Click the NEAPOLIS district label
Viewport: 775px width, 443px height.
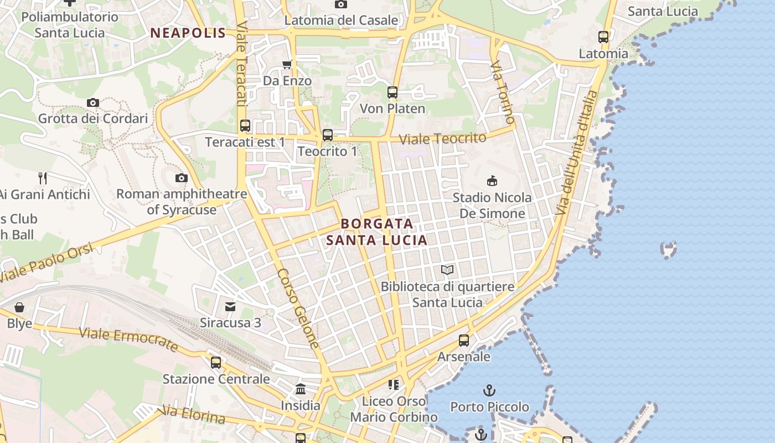point(188,33)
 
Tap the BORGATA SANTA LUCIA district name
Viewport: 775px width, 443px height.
point(377,232)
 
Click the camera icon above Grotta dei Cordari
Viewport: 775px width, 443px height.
point(93,102)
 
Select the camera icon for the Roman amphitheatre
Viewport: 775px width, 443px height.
point(181,178)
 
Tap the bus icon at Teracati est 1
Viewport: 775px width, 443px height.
point(245,126)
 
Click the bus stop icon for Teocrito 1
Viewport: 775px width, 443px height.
point(328,135)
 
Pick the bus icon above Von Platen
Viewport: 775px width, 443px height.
point(392,92)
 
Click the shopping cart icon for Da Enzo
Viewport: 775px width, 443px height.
point(287,65)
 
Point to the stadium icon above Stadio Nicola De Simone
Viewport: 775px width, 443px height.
point(492,181)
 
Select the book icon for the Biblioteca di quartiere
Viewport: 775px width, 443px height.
point(447,270)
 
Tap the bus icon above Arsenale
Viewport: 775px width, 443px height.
point(464,341)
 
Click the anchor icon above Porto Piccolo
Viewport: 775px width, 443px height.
point(489,390)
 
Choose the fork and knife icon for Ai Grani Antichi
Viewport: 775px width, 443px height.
point(43,178)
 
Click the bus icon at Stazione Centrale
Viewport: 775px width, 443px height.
point(216,363)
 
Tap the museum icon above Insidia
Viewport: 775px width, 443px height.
point(301,389)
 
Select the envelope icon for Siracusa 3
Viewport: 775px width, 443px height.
point(230,306)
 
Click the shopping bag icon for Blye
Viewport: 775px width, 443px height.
point(19,307)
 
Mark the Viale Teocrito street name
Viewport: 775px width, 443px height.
point(443,138)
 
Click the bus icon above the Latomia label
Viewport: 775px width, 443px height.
point(603,37)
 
